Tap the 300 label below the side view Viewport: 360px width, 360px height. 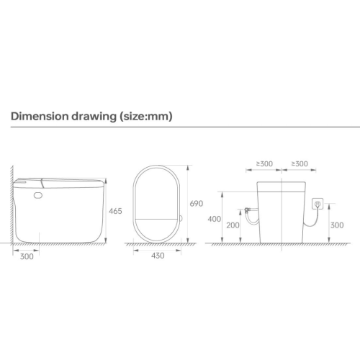(27, 256)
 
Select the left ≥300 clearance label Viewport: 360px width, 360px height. (265, 164)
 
